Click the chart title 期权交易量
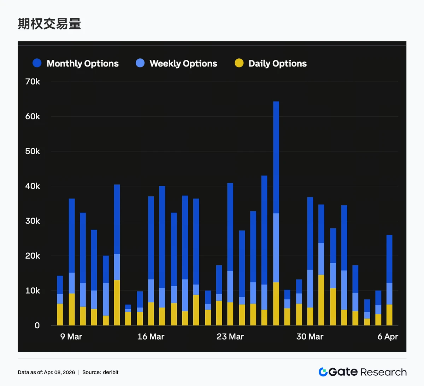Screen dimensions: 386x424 [49, 24]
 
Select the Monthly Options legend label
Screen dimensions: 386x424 [82, 63]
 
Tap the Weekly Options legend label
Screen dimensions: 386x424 [183, 63]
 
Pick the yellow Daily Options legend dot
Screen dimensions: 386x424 [239, 63]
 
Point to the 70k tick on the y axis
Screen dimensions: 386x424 [33, 82]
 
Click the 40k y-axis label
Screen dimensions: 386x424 [33, 186]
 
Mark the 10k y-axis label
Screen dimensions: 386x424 [33, 291]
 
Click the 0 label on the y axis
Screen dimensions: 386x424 [37, 325]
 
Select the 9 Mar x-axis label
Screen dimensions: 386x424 [71, 336]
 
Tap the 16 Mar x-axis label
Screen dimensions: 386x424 [151, 336]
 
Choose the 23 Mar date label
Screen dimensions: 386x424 [230, 336]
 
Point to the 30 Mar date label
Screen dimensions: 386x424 [310, 336]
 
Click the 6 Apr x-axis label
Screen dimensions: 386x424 [388, 336]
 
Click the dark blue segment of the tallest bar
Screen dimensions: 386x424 [276, 157]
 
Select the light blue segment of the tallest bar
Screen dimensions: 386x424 [276, 248]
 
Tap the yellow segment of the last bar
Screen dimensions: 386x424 [389, 315]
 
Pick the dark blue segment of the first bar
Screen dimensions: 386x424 [60, 285]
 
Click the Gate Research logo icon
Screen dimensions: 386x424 [323, 372]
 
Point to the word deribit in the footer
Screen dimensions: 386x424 [111, 372]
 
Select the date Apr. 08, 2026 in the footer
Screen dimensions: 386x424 [59, 372]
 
